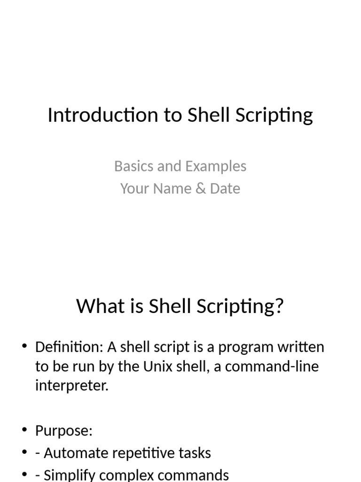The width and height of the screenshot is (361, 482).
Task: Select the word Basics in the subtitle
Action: coord(130,166)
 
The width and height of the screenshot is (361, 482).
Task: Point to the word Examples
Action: coord(216,167)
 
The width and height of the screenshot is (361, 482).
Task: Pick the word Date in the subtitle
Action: coord(225,189)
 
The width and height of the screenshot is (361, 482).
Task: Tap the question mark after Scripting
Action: coord(280,306)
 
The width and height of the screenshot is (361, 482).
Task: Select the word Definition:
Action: coord(69,347)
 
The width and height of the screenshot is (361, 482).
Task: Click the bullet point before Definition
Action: coord(24,347)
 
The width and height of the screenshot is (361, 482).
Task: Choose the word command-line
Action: coord(266,367)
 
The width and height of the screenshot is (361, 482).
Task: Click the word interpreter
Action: coord(71,386)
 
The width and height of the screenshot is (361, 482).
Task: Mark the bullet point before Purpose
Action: coord(24,430)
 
